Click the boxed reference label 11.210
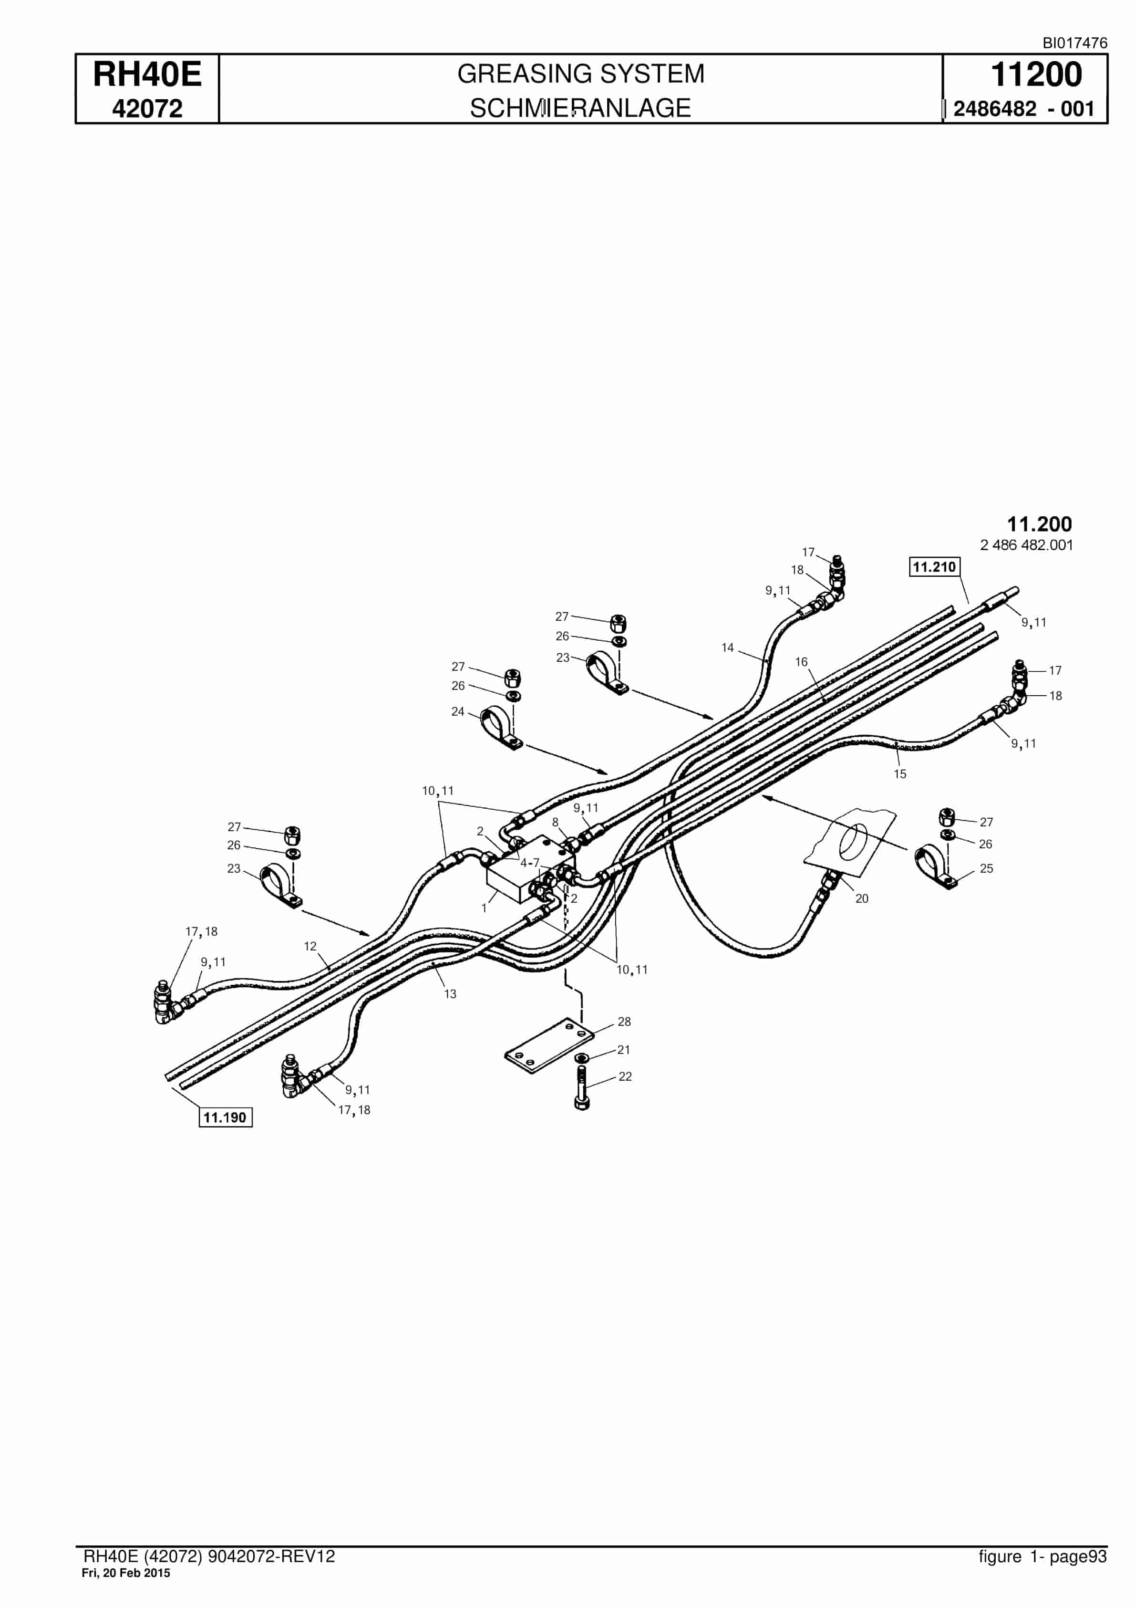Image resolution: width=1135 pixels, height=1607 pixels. (934, 566)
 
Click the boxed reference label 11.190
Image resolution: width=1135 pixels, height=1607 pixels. (225, 1117)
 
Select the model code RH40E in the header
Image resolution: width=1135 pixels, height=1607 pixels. (147, 74)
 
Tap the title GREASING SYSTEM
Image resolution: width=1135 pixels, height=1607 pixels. (581, 73)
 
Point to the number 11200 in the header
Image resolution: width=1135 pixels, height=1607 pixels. (1036, 74)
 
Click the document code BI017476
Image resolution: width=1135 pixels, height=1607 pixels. (1075, 42)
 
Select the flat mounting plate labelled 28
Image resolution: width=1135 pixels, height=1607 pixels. (549, 1046)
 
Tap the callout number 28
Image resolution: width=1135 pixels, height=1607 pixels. (624, 1022)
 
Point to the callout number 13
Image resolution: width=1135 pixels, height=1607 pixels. (450, 994)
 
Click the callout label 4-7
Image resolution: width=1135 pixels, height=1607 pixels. (530, 863)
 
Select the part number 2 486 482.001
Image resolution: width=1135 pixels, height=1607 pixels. (1027, 545)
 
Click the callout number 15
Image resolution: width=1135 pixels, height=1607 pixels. (900, 774)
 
